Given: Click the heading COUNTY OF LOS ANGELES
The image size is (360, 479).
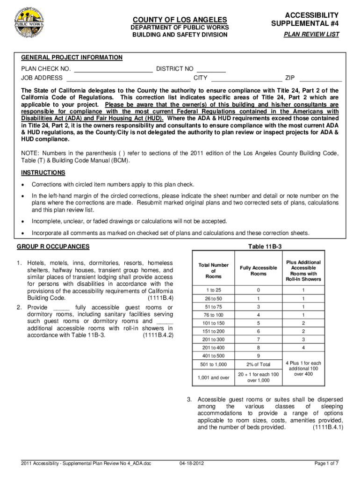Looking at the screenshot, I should pyautogui.click(x=180, y=20).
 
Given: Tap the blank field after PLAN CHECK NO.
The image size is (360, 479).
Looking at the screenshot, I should pyautogui.click(x=113, y=69).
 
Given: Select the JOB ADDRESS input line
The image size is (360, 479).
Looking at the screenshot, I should pyautogui.click(x=129, y=78).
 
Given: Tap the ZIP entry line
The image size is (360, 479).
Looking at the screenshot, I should pyautogui.click(x=320, y=78).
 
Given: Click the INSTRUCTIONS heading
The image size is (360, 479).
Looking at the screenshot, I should pyautogui.click(x=42, y=173).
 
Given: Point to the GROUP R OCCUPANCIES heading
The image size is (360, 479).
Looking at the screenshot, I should pyautogui.click(x=53, y=247).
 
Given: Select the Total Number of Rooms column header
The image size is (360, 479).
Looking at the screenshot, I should pyautogui.click(x=214, y=271).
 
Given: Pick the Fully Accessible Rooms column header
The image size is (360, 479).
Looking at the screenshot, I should pyautogui.click(x=259, y=271).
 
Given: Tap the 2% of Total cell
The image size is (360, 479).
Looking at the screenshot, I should pyautogui.click(x=259, y=364).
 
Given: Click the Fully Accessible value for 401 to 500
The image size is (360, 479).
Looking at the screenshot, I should pyautogui.click(x=259, y=356).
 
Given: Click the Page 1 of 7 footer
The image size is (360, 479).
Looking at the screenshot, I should pyautogui.click(x=326, y=464).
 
